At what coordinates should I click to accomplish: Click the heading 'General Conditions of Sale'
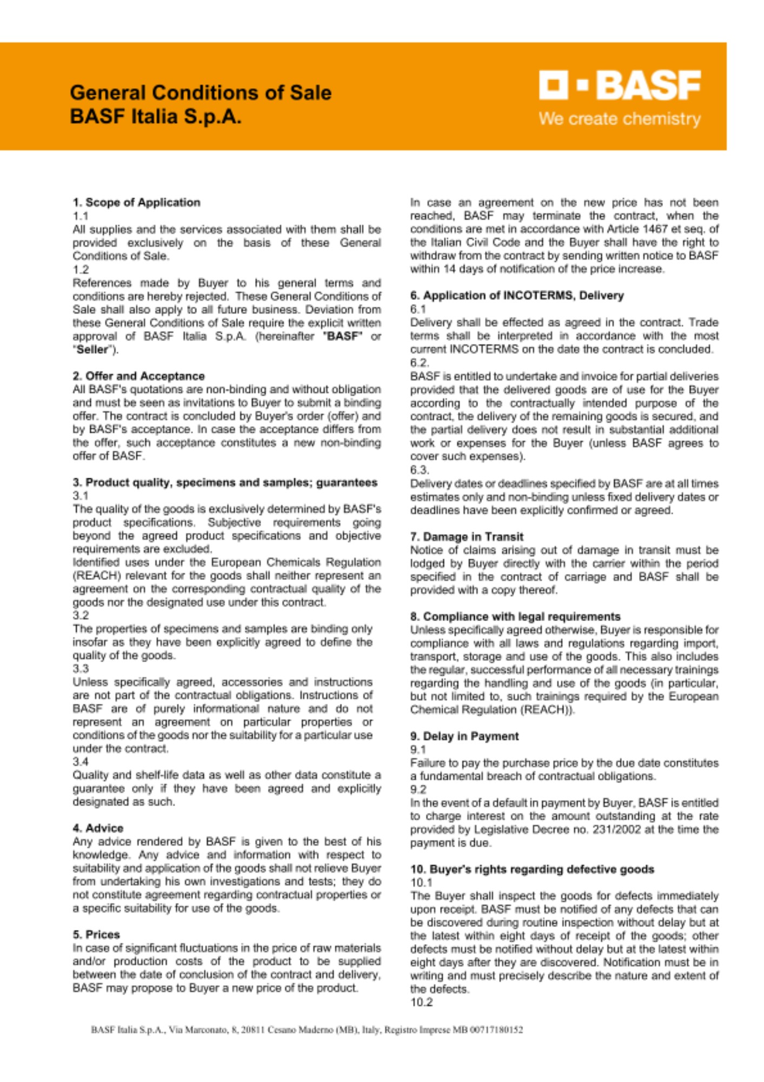(x=201, y=93)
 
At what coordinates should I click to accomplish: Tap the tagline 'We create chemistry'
(x=619, y=118)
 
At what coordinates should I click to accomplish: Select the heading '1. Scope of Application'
(x=136, y=202)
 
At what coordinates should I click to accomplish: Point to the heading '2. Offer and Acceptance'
(x=138, y=376)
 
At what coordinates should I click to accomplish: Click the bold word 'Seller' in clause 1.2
(x=92, y=349)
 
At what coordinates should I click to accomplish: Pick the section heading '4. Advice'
(x=98, y=828)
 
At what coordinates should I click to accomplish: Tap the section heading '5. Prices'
(x=96, y=934)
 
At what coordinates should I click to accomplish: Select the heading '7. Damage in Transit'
(x=467, y=537)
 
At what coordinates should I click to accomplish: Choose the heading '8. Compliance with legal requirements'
(x=515, y=617)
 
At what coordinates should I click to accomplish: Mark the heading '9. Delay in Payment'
(x=464, y=736)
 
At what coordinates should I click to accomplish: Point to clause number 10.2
(x=421, y=1002)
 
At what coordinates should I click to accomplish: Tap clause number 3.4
(x=81, y=762)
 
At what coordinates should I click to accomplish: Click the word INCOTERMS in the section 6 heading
(x=538, y=295)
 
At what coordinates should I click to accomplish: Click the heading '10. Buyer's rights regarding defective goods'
(x=532, y=869)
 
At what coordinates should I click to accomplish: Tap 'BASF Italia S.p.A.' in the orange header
(x=155, y=116)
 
